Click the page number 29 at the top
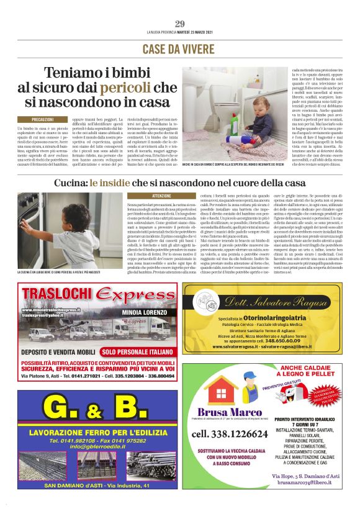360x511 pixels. pyautogui.click(x=180, y=24)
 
